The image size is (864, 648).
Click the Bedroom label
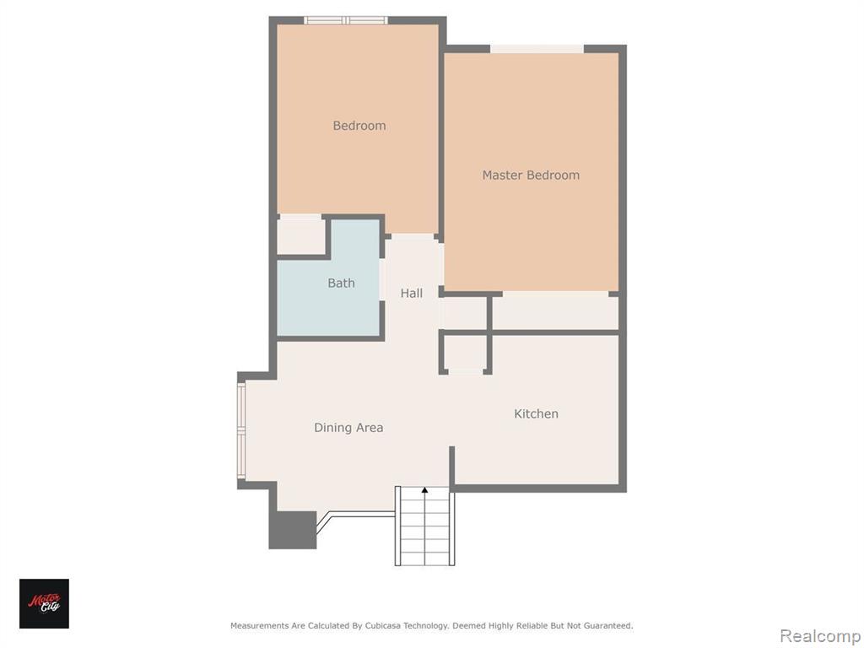[359, 126]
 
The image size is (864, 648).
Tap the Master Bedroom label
[531, 175]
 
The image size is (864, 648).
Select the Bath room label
[341, 283]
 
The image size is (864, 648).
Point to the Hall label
[412, 293]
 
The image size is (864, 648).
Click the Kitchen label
[536, 413]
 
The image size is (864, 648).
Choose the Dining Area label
[348, 428]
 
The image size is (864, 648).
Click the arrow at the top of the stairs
[424, 490]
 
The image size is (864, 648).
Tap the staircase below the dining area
[425, 526]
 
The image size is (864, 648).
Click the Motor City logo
[44, 603]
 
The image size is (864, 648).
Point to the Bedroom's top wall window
[345, 20]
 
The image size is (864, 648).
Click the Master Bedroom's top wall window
[537, 49]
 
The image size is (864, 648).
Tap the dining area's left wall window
[241, 429]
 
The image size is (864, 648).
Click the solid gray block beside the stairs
[293, 530]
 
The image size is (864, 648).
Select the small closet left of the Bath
[301, 235]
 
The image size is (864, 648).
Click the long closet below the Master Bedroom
[555, 312]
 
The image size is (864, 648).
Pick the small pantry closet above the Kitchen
[466, 353]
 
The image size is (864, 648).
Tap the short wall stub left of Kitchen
[452, 467]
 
